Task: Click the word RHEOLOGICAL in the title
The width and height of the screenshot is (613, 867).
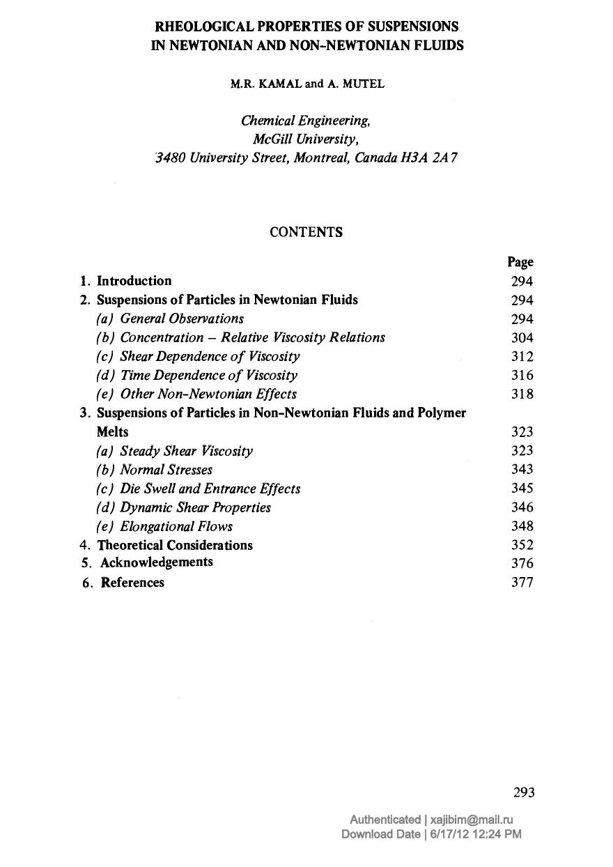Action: pyautogui.click(x=199, y=27)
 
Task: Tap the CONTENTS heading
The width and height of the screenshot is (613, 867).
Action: pyautogui.click(x=306, y=233)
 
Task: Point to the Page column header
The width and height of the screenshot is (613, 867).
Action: pyautogui.click(x=520, y=262)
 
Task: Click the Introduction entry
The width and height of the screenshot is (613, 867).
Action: pyautogui.click(x=134, y=281)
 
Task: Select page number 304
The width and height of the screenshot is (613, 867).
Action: pyautogui.click(x=522, y=338)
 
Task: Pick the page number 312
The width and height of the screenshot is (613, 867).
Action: pyautogui.click(x=522, y=357)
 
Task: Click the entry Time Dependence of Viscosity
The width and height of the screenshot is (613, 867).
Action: pyautogui.click(x=208, y=376)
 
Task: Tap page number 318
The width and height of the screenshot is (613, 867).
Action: pyautogui.click(x=522, y=394)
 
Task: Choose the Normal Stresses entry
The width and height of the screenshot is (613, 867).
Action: pyautogui.click(x=166, y=470)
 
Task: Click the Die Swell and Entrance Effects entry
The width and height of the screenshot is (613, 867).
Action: pyautogui.click(x=210, y=489)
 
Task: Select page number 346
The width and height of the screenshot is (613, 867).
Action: pyautogui.click(x=522, y=507)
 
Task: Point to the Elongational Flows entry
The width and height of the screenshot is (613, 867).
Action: pyautogui.click(x=176, y=526)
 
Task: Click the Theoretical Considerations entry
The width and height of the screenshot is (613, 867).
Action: pyautogui.click(x=175, y=545)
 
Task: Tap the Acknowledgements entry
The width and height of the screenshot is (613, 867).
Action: pyautogui.click(x=157, y=562)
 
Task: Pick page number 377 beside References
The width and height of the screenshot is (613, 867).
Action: pyautogui.click(x=522, y=583)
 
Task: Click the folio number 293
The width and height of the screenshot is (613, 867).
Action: pyautogui.click(x=524, y=792)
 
